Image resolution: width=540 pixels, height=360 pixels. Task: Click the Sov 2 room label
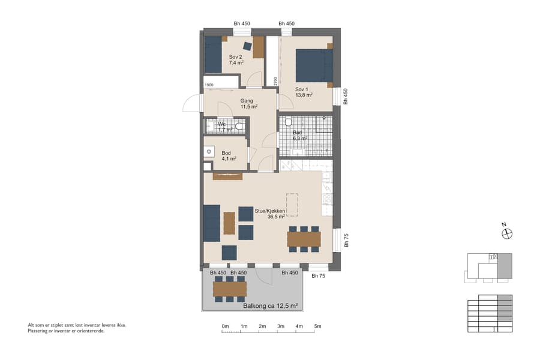[x=235, y=58]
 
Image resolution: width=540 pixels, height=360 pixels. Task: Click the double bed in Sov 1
[x=314, y=65]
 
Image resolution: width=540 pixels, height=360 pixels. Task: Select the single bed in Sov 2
[x=213, y=55]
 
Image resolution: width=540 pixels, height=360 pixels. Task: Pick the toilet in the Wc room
[x=239, y=126]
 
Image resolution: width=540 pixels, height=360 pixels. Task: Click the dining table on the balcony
[x=230, y=289]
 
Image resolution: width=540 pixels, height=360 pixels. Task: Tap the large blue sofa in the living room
[x=211, y=223]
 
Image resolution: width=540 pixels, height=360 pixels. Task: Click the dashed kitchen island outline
[x=292, y=205]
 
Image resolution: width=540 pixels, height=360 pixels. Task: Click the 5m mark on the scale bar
[x=317, y=326]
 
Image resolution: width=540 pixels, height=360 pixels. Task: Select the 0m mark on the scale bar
[x=225, y=326]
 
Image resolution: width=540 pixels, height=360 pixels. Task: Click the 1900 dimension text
[x=209, y=85]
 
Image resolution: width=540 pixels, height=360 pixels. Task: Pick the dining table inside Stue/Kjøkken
[x=304, y=239]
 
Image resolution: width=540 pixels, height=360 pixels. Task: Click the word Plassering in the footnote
[x=38, y=331]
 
